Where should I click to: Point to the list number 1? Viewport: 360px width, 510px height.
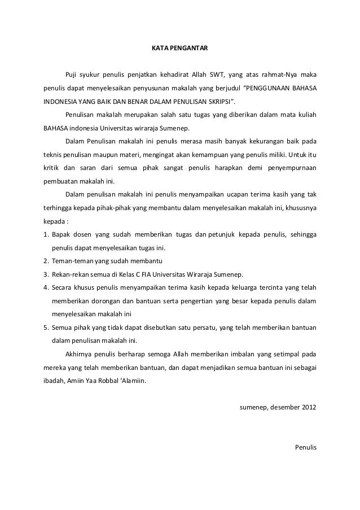point(45,234)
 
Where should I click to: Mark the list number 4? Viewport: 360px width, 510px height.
point(45,287)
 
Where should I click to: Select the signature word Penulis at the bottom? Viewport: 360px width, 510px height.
point(306,447)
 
